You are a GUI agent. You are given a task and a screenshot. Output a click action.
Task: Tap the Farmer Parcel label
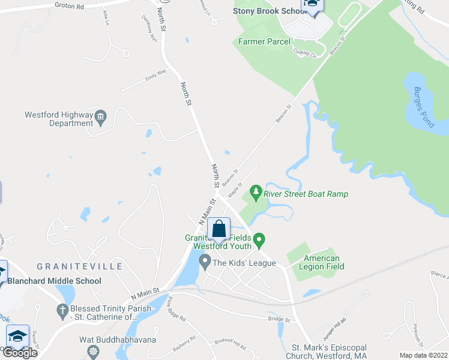pos(264,41)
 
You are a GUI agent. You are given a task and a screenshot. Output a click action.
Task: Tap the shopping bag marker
pos(219,229)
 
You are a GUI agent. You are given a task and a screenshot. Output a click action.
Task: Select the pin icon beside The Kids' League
pos(205,262)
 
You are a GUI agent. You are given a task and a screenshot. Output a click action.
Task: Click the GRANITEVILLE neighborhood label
pos(79,266)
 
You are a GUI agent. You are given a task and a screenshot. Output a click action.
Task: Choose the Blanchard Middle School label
pos(54,281)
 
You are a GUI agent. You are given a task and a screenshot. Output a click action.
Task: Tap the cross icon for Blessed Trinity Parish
pos(61,310)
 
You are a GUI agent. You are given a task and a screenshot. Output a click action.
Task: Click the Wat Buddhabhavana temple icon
pos(92,351)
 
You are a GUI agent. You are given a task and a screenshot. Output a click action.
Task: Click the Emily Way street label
pos(155,77)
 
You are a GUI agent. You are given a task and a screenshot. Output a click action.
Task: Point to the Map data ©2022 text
pos(423,355)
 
